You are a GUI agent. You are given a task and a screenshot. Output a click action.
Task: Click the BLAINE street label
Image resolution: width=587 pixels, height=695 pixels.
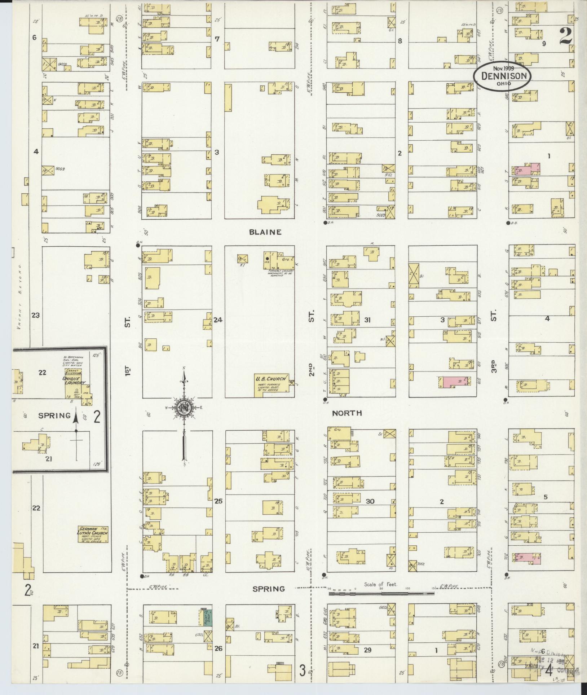[265, 232]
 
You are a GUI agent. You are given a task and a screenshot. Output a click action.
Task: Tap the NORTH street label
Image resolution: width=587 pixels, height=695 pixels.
[347, 413]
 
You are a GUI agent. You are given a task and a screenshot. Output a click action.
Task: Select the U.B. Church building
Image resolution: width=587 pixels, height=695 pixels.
[272, 384]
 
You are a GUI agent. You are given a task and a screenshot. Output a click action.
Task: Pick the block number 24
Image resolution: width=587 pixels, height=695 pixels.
[218, 320]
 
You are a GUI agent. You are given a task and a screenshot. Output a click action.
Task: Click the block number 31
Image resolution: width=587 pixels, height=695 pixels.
[367, 320]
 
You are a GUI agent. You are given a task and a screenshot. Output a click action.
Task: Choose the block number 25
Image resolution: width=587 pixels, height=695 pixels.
[219, 501]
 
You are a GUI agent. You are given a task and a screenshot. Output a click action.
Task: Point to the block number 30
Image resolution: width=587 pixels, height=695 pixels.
[370, 501]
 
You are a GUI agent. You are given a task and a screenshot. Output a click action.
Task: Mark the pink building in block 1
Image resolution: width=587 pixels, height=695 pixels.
[527, 170]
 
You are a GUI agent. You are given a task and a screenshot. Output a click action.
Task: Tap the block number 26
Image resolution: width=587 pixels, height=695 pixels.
[219, 649]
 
